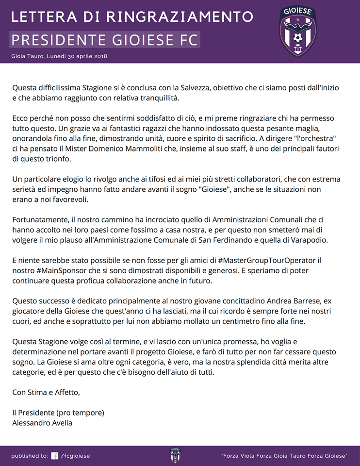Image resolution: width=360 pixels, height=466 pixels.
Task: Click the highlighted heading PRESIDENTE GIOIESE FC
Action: [x=105, y=40]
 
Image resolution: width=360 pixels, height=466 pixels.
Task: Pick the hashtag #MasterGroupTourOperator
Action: [x=266, y=260]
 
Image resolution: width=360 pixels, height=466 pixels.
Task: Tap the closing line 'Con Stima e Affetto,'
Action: [x=46, y=392]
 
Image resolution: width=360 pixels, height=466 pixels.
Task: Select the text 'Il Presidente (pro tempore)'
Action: [x=58, y=413]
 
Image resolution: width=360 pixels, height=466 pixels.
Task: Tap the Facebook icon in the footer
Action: [x=55, y=456]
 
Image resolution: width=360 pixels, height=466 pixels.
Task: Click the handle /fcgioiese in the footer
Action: [x=75, y=456]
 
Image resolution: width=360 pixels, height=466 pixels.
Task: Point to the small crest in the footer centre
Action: [x=175, y=455]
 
